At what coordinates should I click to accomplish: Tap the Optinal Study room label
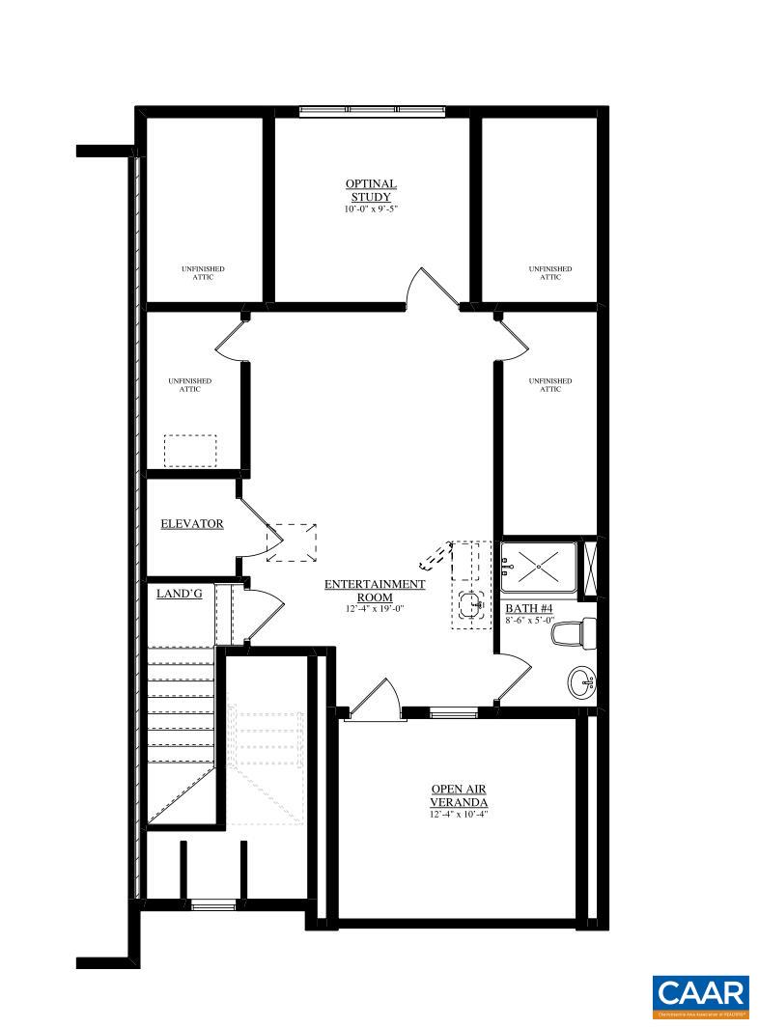pos(372,190)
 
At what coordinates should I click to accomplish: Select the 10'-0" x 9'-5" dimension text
pos(372,209)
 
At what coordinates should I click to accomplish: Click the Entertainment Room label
pos(375,590)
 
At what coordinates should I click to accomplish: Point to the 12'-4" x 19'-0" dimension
pos(375,609)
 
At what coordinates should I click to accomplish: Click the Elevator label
pos(192,524)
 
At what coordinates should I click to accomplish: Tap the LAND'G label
pos(180,594)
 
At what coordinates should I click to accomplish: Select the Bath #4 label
pos(528,609)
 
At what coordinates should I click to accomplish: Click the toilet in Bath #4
pos(573,634)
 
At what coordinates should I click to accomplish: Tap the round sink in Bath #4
pos(582,683)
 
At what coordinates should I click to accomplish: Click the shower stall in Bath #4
pos(538,567)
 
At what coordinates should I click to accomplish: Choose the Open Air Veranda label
pos(459,795)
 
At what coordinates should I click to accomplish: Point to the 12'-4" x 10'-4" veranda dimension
pos(459,815)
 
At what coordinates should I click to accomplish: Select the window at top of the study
pos(372,111)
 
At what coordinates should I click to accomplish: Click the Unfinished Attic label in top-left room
pos(204,273)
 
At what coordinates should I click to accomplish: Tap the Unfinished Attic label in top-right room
pos(549,273)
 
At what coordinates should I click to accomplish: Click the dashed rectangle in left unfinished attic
pos(190,451)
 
